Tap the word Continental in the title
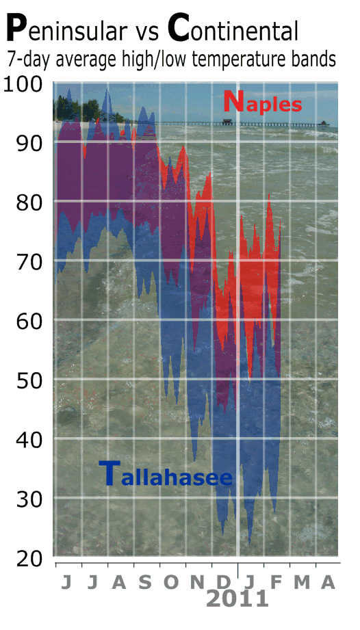coord(233,28)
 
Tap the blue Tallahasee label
coord(166,474)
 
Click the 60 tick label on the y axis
coord(29,321)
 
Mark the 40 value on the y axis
coord(29,441)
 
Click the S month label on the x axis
coord(145,582)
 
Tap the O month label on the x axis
coord(171,582)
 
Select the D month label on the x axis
coord(223,582)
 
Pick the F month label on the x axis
coord(276,582)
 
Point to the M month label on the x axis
coord(302,582)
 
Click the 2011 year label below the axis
coord(237,599)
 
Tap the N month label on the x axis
coord(197,582)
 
